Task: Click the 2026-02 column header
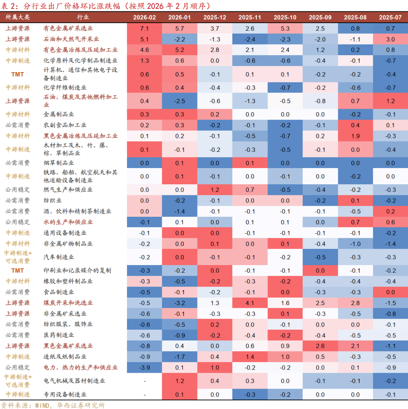144,17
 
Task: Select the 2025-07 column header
390,17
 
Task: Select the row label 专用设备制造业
65,394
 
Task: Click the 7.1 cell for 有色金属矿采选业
144,28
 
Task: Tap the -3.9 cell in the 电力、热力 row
144,367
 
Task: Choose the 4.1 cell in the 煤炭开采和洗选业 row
250,303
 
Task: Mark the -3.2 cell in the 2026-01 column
179,303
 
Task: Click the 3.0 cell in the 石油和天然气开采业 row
390,39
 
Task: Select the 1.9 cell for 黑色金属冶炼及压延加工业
355,136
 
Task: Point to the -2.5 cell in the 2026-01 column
179,101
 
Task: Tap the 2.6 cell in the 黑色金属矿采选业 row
320,346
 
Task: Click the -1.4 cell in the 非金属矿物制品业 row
390,244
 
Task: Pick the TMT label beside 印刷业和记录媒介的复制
17,270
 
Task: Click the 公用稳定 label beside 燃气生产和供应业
17,190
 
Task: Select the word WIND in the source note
39,405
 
